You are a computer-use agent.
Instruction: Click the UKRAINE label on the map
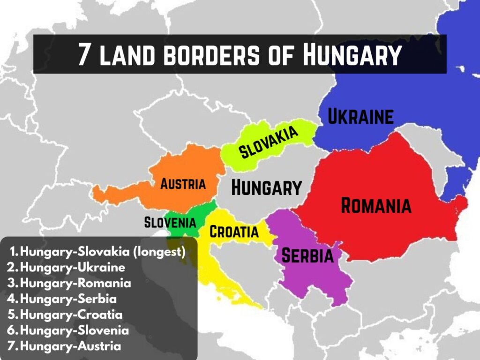pos(360,117)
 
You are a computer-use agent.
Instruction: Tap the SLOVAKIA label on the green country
pos(269,142)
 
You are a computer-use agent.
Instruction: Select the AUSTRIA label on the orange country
pos(183,184)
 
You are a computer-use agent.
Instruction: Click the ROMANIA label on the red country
pos(376,206)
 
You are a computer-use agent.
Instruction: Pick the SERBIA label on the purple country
pos(307,256)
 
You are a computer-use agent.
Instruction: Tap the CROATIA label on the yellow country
pos(234,232)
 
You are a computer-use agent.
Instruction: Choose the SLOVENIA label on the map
pos(169,222)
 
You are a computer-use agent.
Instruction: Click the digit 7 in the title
pos(84,55)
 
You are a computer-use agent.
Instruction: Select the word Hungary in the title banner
pos(352,55)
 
